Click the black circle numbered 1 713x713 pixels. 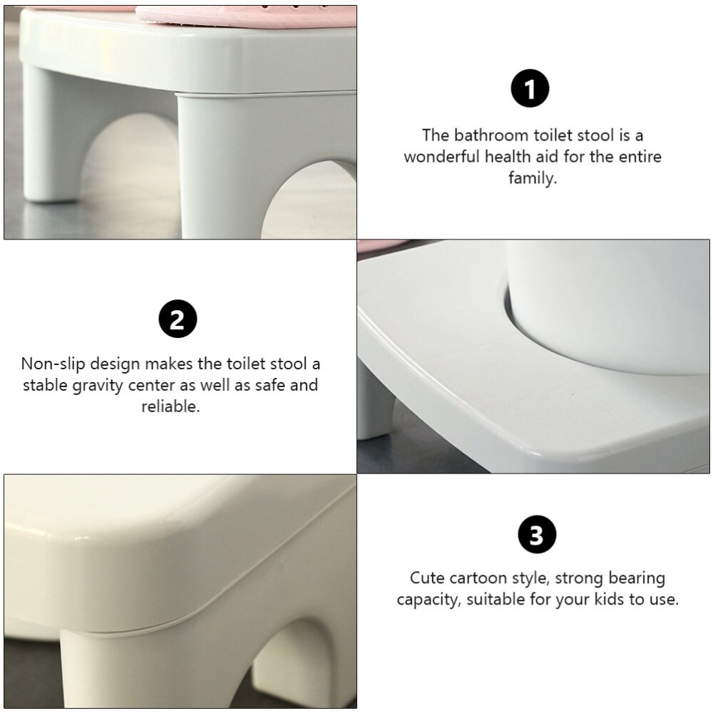point(530,90)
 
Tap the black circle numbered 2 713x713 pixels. point(177,319)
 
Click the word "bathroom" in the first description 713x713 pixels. point(487,135)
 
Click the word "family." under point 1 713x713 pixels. point(533,178)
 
